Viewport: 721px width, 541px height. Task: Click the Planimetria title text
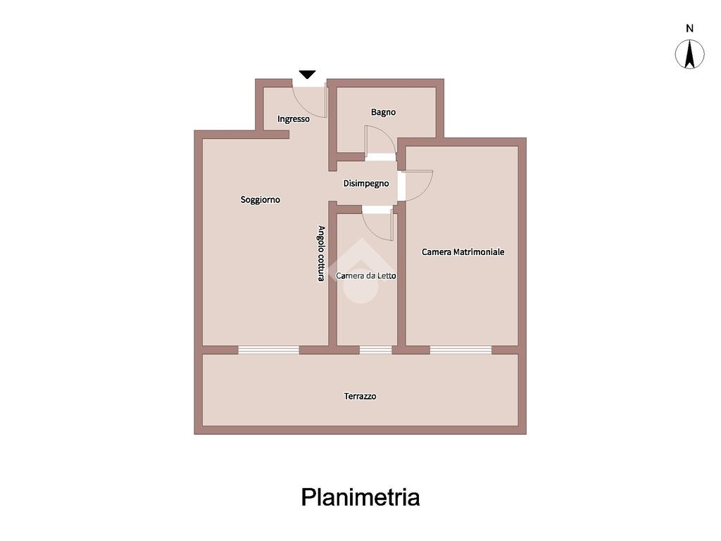tap(360, 497)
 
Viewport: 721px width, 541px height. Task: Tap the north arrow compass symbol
tap(690, 54)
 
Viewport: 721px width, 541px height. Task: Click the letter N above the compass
tap(690, 29)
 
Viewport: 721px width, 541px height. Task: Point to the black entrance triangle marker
tap(307, 74)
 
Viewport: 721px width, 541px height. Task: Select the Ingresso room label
tap(293, 119)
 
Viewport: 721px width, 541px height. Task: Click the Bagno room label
tap(383, 112)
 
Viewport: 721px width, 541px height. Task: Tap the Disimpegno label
tap(365, 183)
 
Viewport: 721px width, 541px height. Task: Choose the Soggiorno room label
tap(261, 200)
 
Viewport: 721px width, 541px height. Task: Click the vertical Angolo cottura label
tap(321, 254)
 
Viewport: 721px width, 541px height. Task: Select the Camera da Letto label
tap(366, 275)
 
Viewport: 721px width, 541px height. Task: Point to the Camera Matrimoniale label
tap(463, 251)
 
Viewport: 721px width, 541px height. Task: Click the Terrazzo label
tap(360, 396)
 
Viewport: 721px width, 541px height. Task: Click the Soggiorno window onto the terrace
tap(268, 349)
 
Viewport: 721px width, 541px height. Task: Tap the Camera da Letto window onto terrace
tap(375, 349)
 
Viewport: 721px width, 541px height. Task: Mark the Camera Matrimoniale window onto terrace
tap(460, 349)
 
